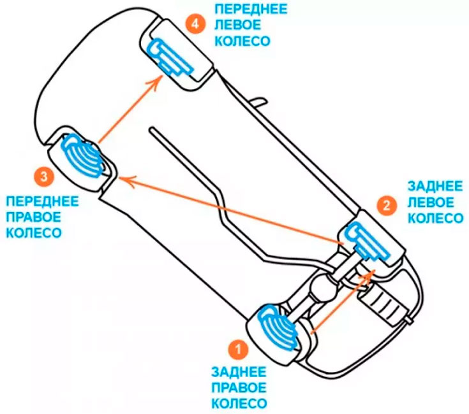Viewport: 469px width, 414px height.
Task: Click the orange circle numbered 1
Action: [x=238, y=349]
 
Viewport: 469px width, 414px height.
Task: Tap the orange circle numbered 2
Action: [x=385, y=204]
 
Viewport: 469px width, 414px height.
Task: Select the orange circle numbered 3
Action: [x=43, y=176]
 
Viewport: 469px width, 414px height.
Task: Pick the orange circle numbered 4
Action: [x=195, y=25]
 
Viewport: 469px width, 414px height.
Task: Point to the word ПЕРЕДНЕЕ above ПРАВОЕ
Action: [x=43, y=202]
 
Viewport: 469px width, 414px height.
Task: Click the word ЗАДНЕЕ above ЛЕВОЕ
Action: [x=435, y=187]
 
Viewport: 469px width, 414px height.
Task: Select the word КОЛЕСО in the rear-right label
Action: [x=239, y=404]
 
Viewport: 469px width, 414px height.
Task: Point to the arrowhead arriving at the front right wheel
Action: [x=122, y=180]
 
